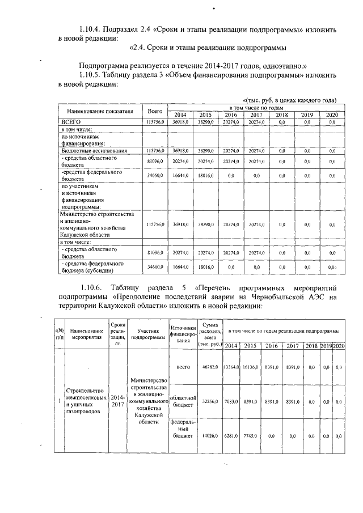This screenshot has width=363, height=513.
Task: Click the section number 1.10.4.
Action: (94, 28)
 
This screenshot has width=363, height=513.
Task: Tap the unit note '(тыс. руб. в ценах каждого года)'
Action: (290, 100)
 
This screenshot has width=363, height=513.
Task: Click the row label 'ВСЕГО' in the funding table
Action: (72, 122)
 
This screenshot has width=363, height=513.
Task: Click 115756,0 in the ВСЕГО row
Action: (155, 122)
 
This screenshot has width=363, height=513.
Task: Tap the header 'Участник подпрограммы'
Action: (148, 332)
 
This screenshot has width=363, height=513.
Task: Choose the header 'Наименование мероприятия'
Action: (88, 332)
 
